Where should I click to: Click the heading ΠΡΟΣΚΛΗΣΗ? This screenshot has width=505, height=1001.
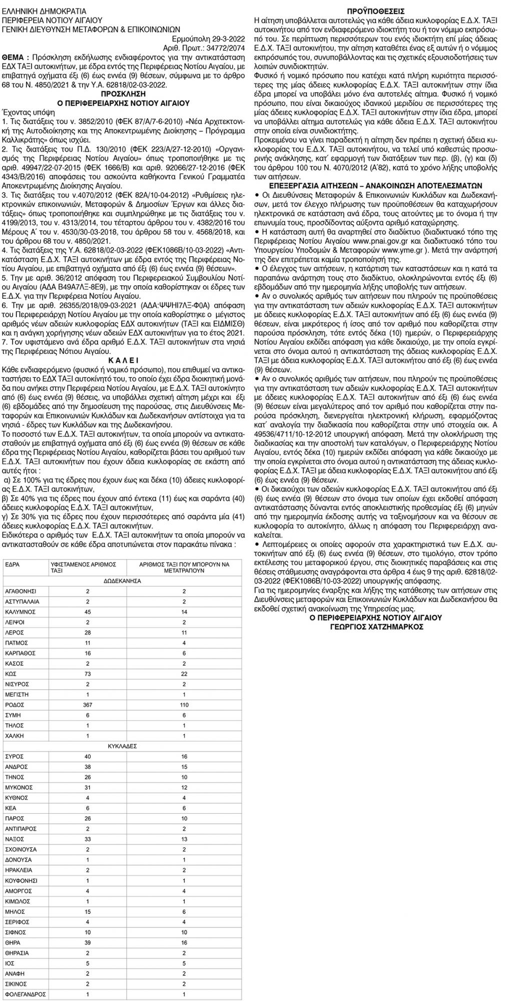[127, 93]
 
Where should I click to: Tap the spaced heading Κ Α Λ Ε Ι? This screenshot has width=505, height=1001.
[127, 360]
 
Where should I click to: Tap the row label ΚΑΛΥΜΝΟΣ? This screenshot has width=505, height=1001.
[20, 612]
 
